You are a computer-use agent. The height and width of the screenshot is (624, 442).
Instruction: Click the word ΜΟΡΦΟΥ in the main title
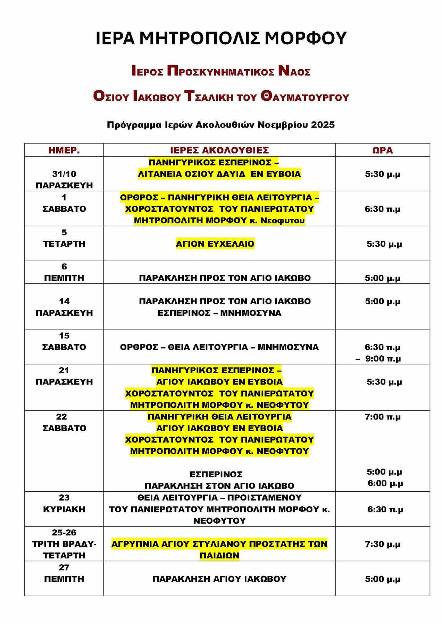[x=306, y=38]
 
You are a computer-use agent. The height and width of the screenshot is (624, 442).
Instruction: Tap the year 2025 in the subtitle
[x=323, y=125]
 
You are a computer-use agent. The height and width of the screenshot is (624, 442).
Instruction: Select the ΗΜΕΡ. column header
[x=64, y=150]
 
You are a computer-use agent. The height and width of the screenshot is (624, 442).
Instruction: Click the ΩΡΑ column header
[x=382, y=150]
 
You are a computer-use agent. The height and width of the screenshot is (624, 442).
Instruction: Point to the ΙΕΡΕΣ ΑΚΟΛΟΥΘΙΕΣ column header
[x=219, y=150]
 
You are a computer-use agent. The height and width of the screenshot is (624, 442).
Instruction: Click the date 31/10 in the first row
[x=64, y=174]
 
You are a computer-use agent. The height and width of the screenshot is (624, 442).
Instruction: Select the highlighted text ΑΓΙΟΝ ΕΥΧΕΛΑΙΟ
[x=215, y=244]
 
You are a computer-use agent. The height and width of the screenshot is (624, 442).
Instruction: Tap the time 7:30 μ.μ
[x=382, y=544]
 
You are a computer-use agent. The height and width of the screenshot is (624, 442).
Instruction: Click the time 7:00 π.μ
[x=382, y=417]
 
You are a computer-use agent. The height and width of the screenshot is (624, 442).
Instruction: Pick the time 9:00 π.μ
[x=383, y=358]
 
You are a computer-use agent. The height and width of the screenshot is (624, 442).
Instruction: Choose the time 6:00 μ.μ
[x=385, y=483]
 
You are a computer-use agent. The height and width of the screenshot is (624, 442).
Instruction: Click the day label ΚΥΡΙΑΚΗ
[x=64, y=509]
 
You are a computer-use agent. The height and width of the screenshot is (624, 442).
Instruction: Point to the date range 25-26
[x=64, y=532]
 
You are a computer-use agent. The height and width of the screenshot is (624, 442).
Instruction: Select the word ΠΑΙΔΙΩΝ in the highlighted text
[x=219, y=555]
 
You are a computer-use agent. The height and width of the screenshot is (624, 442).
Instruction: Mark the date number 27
[x=64, y=567]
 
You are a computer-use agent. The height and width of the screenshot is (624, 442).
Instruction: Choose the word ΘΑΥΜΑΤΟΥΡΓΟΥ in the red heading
[x=305, y=97]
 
